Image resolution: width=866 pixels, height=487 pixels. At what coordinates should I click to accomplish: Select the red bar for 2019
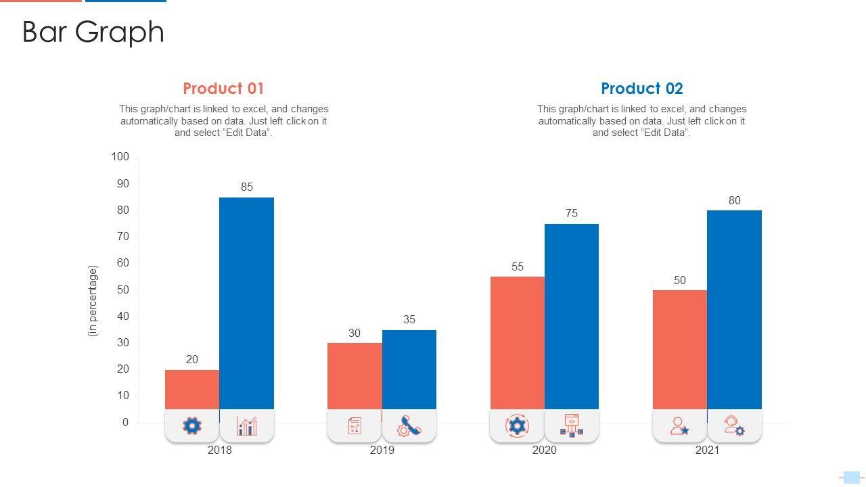[355, 375]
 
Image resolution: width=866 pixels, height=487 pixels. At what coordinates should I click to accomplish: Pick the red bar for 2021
[680, 349]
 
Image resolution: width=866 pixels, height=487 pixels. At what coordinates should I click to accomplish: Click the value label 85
[247, 187]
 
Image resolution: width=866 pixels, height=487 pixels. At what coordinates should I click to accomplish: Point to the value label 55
[518, 267]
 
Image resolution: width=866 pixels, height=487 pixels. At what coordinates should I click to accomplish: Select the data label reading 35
[409, 320]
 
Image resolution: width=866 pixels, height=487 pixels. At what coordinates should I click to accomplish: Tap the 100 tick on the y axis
[120, 157]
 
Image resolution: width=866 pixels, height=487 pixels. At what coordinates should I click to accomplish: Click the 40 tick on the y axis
[122, 317]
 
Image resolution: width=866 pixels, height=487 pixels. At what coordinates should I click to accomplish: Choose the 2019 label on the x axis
[382, 450]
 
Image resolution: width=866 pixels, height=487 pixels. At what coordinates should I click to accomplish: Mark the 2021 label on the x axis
[708, 450]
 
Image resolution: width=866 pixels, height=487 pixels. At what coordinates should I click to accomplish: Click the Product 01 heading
[223, 89]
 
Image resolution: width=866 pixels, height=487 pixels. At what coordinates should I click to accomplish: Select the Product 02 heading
[642, 89]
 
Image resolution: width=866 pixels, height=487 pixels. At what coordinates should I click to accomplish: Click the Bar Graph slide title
[93, 32]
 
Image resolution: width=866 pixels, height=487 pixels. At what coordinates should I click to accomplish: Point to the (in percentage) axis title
[93, 301]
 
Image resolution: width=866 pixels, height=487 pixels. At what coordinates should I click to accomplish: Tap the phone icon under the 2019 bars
[409, 426]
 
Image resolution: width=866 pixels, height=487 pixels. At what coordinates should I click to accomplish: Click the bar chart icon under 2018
[247, 426]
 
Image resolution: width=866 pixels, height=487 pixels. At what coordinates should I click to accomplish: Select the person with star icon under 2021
[680, 426]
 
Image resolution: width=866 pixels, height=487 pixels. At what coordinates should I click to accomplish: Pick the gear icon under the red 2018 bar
[192, 426]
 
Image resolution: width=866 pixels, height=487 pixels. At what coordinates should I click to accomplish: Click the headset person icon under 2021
[735, 426]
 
